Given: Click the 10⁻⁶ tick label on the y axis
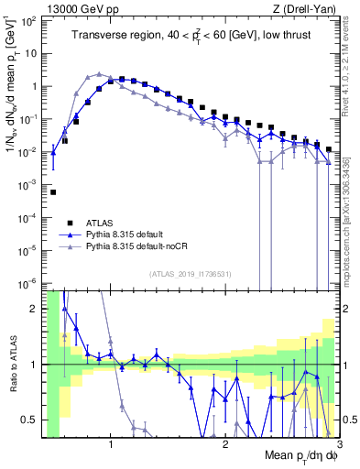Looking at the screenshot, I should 29,282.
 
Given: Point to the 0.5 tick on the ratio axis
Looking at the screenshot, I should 31,420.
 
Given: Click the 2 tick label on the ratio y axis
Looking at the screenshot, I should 35,309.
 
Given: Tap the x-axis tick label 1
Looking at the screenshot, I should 111,446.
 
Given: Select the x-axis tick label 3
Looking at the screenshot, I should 338,446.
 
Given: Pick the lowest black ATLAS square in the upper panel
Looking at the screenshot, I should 53,192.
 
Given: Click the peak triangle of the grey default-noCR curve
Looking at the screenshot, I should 99,74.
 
